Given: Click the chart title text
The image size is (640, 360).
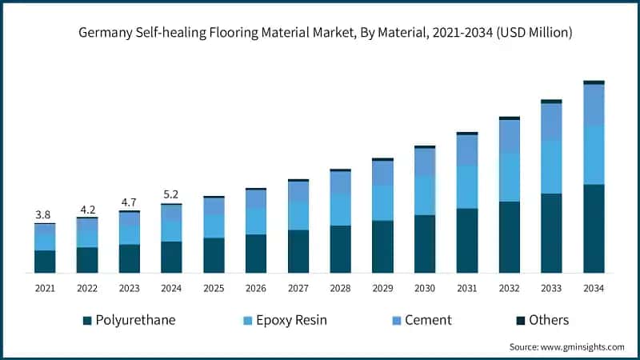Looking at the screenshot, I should tap(320, 33).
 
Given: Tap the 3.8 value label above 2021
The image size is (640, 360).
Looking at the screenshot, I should tap(44, 214).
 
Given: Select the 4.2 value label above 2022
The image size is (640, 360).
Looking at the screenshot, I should tap(86, 210).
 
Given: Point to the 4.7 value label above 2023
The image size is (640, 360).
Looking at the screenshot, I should tap(129, 202).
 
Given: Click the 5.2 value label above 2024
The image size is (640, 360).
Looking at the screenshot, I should tap(171, 194).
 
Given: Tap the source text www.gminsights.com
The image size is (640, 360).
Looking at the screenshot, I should tap(566, 346).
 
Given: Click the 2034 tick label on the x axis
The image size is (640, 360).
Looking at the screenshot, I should tap(594, 287).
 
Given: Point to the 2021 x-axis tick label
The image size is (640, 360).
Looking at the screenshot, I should tap(45, 287).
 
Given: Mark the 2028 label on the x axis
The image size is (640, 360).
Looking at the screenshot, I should tap(340, 287).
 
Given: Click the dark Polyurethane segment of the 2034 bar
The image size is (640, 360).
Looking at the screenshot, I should tap(594, 229).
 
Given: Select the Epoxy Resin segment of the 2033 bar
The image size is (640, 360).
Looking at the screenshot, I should tap(551, 167).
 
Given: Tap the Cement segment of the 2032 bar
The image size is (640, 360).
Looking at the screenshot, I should tap(509, 137).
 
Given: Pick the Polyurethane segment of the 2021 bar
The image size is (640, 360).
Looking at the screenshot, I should tap(45, 262).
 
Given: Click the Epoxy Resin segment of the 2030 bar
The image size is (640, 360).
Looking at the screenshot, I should tap(425, 196).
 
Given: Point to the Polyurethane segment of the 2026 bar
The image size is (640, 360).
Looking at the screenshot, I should tap(255, 254).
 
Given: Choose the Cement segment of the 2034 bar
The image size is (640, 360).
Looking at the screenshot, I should tap(594, 105).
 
